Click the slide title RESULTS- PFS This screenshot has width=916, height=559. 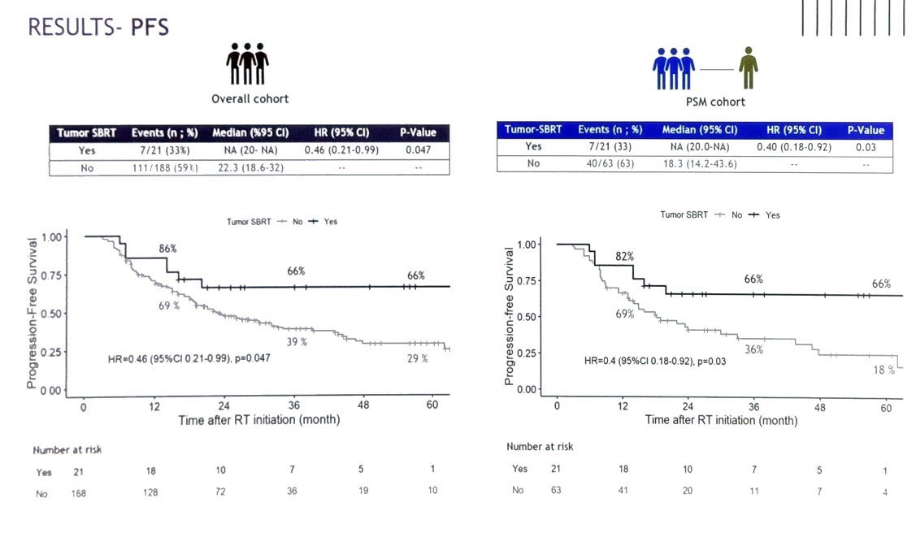[98, 28]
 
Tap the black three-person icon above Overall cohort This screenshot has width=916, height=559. [247, 63]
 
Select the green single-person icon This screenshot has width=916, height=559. [749, 67]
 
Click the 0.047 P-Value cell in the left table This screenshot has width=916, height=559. [419, 150]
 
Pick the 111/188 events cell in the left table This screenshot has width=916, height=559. [165, 168]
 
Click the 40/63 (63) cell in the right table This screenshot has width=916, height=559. [610, 163]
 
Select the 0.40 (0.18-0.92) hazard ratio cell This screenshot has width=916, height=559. [794, 147]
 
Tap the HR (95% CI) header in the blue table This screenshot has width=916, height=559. [794, 130]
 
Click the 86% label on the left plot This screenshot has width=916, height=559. [167, 249]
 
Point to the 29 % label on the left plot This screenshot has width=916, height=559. [417, 358]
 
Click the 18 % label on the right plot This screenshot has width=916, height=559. [883, 370]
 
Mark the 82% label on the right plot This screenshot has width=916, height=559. [624, 257]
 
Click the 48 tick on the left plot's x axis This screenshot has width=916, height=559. [363, 405]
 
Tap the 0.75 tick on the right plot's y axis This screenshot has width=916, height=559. [527, 281]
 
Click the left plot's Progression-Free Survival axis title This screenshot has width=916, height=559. [32, 313]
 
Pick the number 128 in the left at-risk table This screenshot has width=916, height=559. [150, 492]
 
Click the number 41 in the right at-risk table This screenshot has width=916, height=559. [623, 490]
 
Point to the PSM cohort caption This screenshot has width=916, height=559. [715, 102]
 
